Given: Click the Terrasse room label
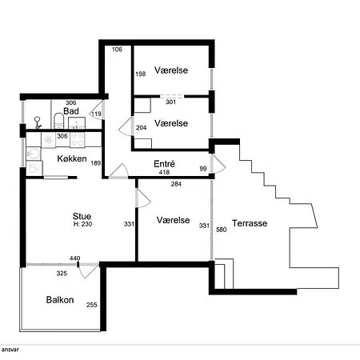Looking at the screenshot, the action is [x=250, y=223].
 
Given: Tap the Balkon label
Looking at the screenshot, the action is [x=60, y=300].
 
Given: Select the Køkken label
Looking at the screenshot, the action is [x=72, y=158].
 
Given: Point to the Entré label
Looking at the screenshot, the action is [x=164, y=163].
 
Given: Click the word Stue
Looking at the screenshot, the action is [x=82, y=216].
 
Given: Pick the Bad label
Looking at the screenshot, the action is [x=71, y=111].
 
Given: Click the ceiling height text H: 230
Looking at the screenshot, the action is [x=82, y=224].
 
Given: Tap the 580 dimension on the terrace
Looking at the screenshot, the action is [x=222, y=230].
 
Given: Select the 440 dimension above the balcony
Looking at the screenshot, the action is [x=74, y=258].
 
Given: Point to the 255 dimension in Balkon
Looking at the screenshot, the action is [x=92, y=305].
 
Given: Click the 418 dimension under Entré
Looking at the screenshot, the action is [x=164, y=172].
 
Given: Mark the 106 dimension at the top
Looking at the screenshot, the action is [x=117, y=50].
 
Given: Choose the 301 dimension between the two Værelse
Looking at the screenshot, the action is [x=170, y=102].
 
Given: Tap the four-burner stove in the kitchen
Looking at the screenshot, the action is [x=78, y=140].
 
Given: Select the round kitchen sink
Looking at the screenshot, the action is [x=34, y=154].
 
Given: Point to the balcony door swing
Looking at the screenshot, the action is [x=89, y=270].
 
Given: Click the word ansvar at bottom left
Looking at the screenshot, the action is [x=10, y=350].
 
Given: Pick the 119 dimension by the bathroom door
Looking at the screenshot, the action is [x=96, y=114].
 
